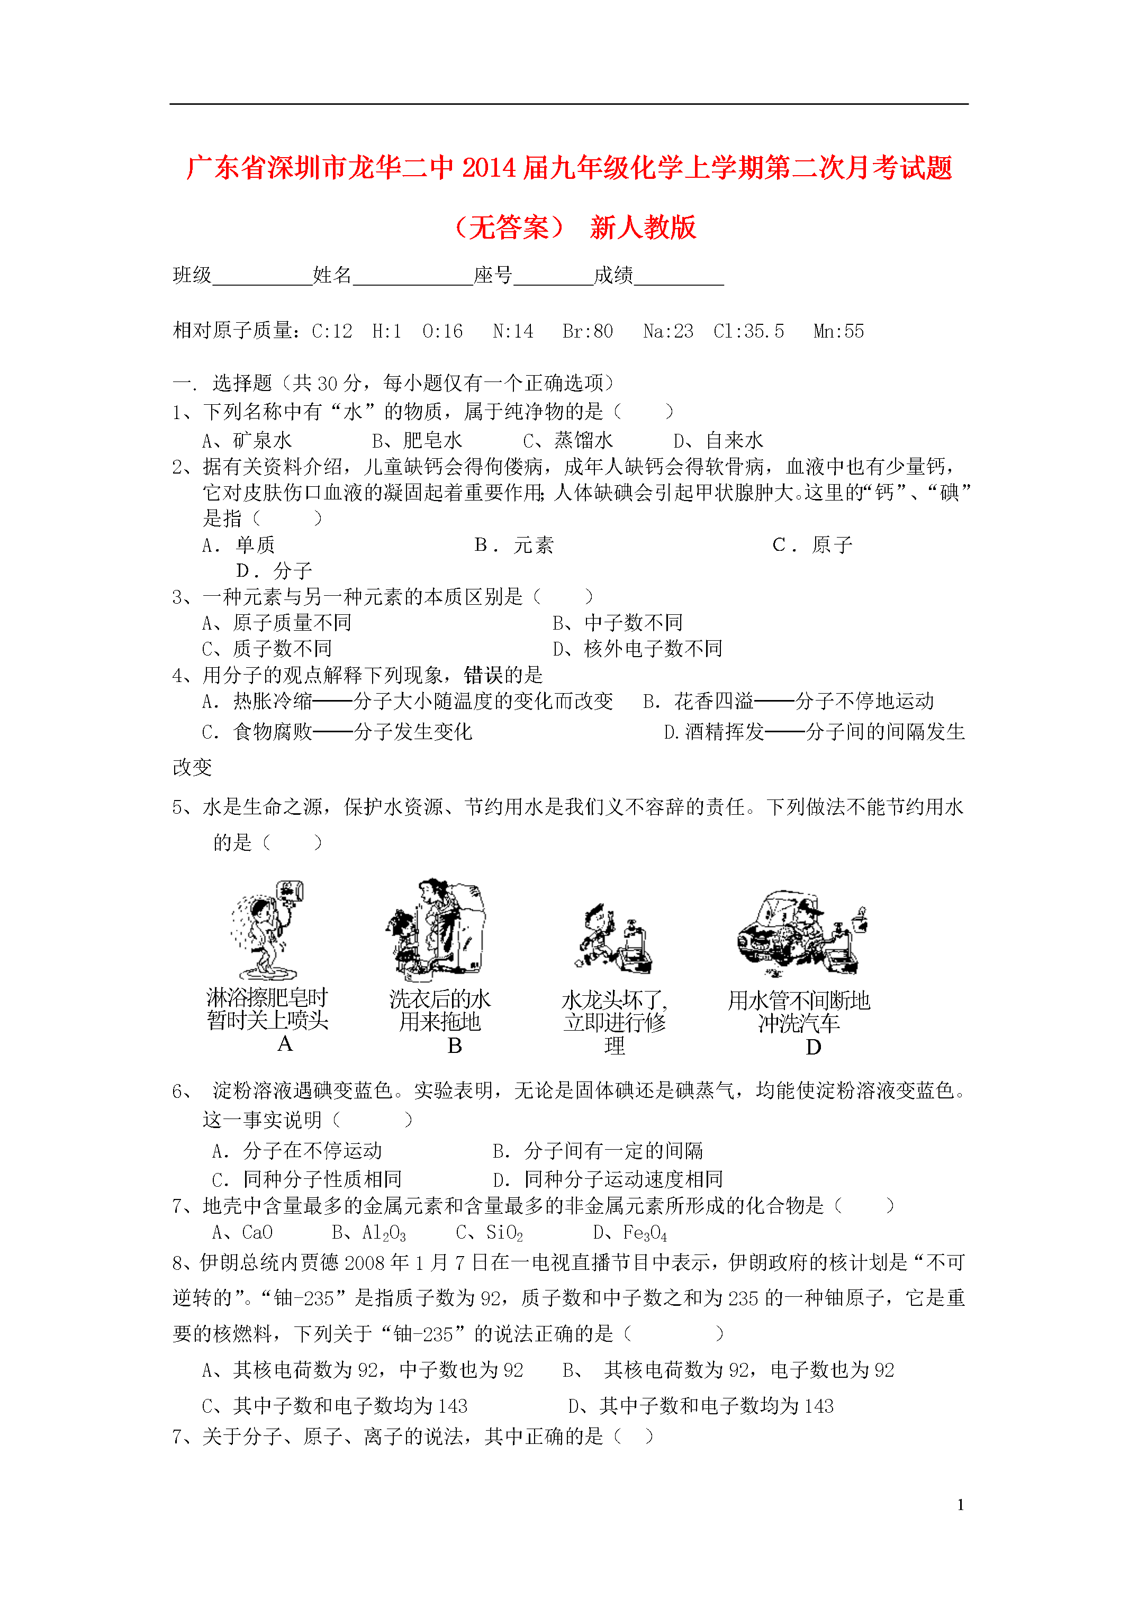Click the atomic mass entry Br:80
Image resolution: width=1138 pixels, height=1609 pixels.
click(x=587, y=331)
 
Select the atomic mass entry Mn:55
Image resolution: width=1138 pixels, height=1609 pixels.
click(x=838, y=331)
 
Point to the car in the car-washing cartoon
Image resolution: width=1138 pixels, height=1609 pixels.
click(x=768, y=929)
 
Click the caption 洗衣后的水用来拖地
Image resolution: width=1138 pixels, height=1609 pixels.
click(x=440, y=1011)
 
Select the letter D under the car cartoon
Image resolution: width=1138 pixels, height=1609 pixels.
click(x=814, y=1048)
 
